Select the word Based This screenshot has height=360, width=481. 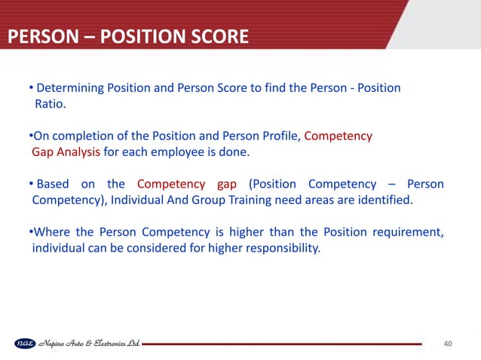52,185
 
